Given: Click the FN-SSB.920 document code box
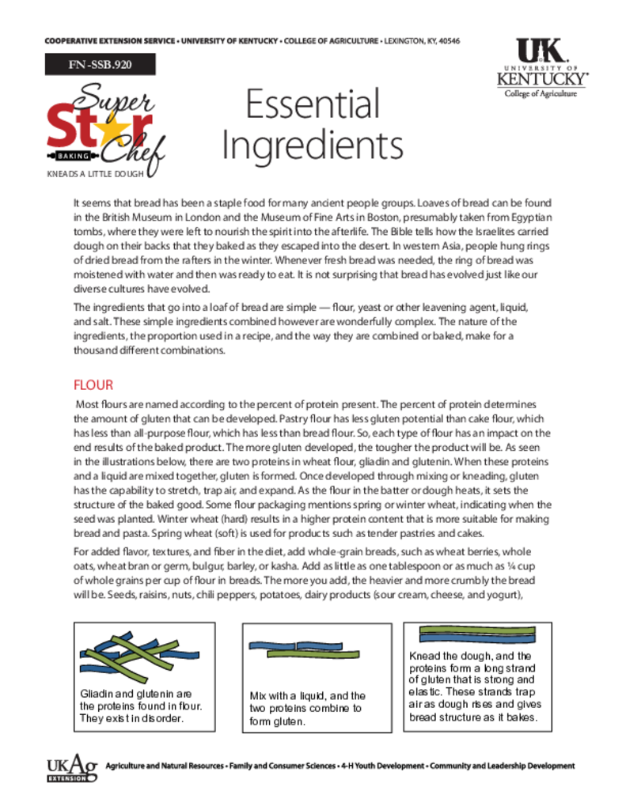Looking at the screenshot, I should coord(100,65).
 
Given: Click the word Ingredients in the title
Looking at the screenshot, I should coord(312,145).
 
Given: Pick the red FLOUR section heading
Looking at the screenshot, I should coord(93,385).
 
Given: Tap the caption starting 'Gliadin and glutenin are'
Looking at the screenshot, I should coord(142,706).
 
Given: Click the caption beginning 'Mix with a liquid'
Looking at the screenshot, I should coord(308,708).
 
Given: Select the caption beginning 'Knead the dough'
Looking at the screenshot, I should coord(473,687).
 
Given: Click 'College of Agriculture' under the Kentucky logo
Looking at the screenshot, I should coord(541,93).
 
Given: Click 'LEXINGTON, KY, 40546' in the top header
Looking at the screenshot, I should coord(423,41).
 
